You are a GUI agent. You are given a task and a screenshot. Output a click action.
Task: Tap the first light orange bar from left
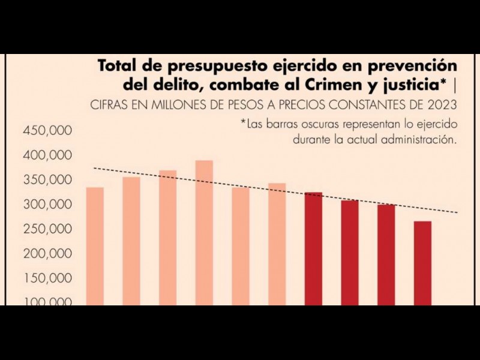pyautogui.click(x=95, y=246)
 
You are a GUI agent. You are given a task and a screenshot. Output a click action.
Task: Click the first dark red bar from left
pyautogui.click(x=313, y=248)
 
